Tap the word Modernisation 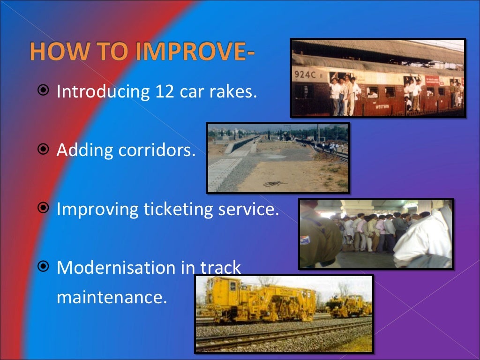(x=116, y=268)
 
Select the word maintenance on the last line (x=112, y=297)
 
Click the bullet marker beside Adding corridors (x=44, y=150)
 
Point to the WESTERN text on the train (x=382, y=106)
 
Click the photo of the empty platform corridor (x=278, y=158)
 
